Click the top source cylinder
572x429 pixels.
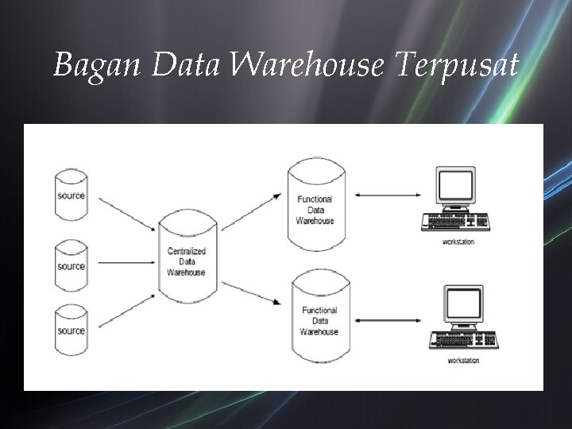point(71,193)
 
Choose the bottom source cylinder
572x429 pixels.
point(71,329)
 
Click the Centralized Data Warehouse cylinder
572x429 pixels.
point(186,258)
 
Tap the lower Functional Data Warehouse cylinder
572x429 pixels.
point(319,317)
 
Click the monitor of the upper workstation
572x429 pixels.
point(456,188)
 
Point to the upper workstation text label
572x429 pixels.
point(458,242)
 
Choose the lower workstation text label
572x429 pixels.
point(463,361)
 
